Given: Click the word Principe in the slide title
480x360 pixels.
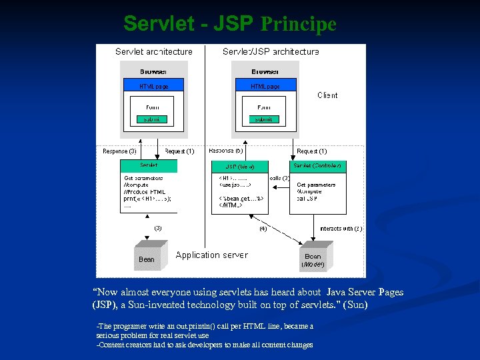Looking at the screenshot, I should (298, 25).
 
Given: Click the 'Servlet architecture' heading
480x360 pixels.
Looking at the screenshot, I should (153, 51).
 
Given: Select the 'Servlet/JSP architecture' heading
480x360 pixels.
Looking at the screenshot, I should (271, 51).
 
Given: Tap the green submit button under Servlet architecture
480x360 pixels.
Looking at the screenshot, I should (153, 119).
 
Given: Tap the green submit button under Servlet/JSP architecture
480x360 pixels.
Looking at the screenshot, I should (264, 119).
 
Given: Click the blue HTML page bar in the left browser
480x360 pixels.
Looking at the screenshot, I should (153, 86).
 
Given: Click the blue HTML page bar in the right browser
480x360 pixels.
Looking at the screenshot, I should (265, 86).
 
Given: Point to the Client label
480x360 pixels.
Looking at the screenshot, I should (327, 95).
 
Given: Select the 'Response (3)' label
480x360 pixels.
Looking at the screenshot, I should (120, 151).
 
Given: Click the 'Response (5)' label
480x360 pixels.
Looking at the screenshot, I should (226, 151).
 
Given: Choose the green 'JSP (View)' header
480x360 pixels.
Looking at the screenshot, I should (239, 166).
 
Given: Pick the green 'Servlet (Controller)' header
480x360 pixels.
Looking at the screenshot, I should (317, 165).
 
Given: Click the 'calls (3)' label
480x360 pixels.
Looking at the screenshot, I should (279, 178).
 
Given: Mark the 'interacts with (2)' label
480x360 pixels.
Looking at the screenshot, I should (341, 228).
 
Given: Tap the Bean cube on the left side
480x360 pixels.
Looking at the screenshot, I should (147, 257).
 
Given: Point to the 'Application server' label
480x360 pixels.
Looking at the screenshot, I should (211, 255).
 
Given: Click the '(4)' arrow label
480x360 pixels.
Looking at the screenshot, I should (263, 229).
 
